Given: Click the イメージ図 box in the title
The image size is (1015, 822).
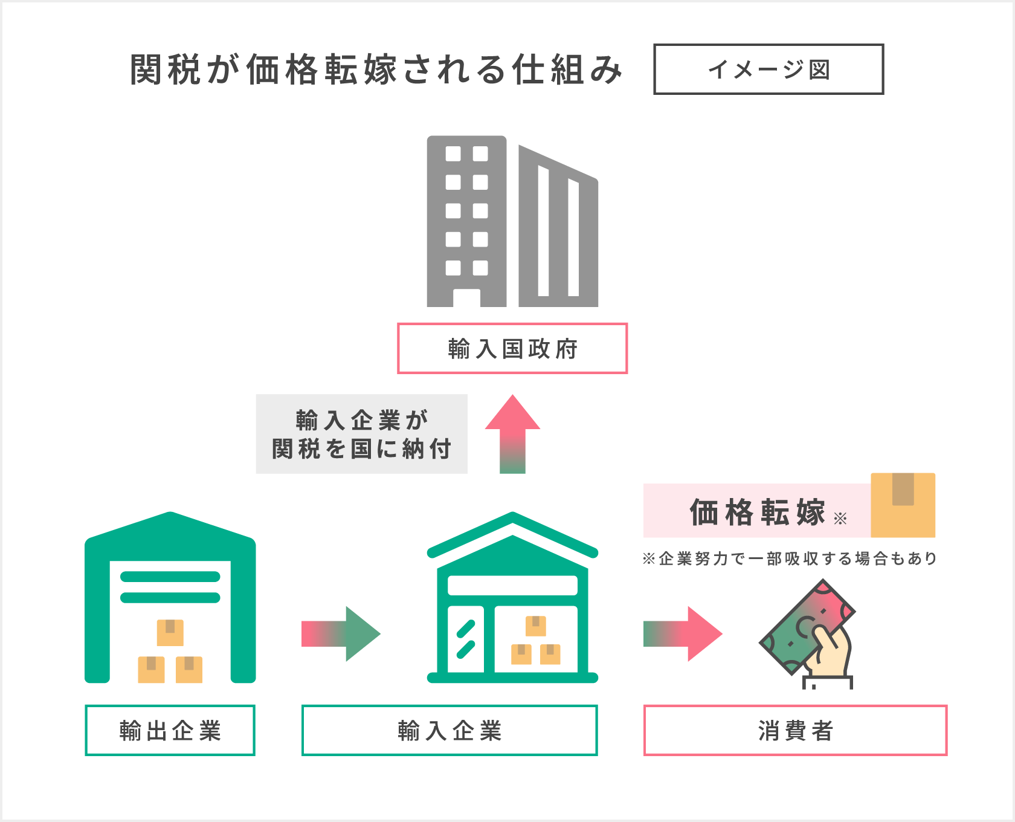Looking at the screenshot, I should pos(768,70).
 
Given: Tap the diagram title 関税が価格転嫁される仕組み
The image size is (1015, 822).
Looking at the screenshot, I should pos(376,70).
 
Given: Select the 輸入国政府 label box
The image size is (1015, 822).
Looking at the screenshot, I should pos(512,349).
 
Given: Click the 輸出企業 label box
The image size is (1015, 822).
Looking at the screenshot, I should pos(170,730).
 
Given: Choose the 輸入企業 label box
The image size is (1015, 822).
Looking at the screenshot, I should pos(449,730).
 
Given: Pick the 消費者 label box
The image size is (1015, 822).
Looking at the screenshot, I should pos(795,730).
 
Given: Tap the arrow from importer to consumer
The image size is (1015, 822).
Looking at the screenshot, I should pos(683,633).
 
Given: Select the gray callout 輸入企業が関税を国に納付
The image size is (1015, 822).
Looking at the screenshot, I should pos(361,434).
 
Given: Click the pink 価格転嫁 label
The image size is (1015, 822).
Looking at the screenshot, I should pos(757,511).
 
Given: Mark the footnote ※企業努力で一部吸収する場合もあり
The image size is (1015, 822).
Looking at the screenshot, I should pos(790,558).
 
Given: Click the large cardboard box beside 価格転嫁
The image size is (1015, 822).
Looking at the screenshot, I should pos(903,505).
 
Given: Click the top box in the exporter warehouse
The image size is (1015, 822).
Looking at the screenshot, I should pos(170,632).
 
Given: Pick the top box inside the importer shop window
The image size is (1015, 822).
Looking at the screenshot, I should pos(535,626).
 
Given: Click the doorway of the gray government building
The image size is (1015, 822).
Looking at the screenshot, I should pos(466,298).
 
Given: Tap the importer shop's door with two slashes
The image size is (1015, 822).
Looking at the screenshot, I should pos(466,639).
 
